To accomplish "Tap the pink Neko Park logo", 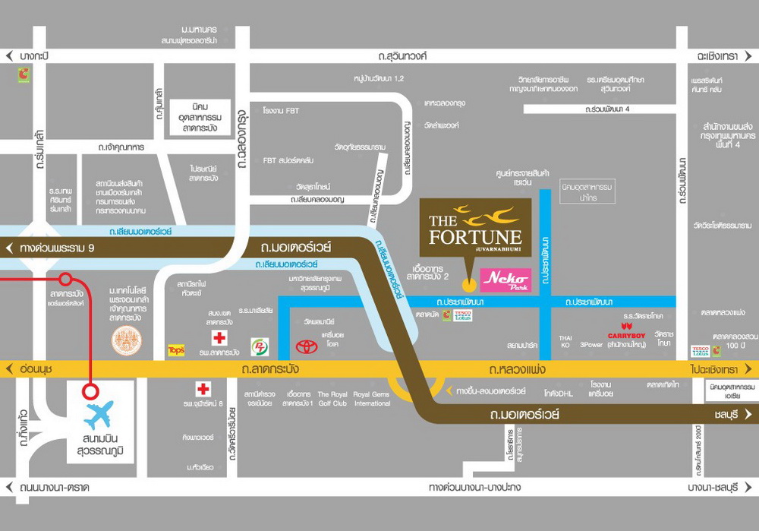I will coord(505,281).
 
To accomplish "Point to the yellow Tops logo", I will coord(176,350).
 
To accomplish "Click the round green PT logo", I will coord(260,346).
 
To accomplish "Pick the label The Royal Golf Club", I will coord(332,398).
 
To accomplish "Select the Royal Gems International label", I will coord(372,398).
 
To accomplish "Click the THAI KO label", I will coord(564,341).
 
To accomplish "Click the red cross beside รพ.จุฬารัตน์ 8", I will coord(203,389).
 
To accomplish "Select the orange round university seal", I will coord(127,341).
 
